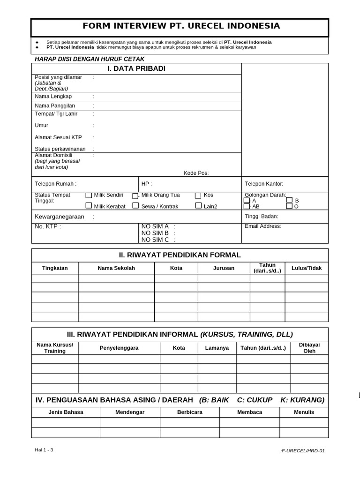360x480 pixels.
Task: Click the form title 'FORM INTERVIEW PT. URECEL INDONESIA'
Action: [180, 26]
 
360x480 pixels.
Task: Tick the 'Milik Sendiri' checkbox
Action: [89, 195]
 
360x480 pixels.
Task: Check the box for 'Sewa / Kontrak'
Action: [135, 206]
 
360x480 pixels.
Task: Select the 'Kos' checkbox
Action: [198, 195]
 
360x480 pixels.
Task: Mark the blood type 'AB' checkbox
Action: [247, 206]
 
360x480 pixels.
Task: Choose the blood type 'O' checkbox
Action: [289, 206]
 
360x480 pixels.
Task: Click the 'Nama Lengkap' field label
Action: [53, 97]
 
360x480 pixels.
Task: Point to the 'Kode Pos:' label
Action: [196, 173]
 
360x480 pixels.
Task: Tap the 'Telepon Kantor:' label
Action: [264, 184]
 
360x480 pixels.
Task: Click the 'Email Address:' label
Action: [262, 226]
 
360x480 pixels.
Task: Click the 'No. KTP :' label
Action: [48, 226]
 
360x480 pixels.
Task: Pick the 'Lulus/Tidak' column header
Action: [307, 268]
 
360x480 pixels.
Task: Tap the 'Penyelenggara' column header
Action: [119, 348]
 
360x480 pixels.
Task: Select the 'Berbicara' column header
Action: [190, 412]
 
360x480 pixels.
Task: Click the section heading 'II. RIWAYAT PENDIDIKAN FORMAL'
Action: [180, 255]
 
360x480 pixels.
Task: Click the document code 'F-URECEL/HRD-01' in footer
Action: [302, 451]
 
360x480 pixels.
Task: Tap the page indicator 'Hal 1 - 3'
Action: [44, 450]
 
